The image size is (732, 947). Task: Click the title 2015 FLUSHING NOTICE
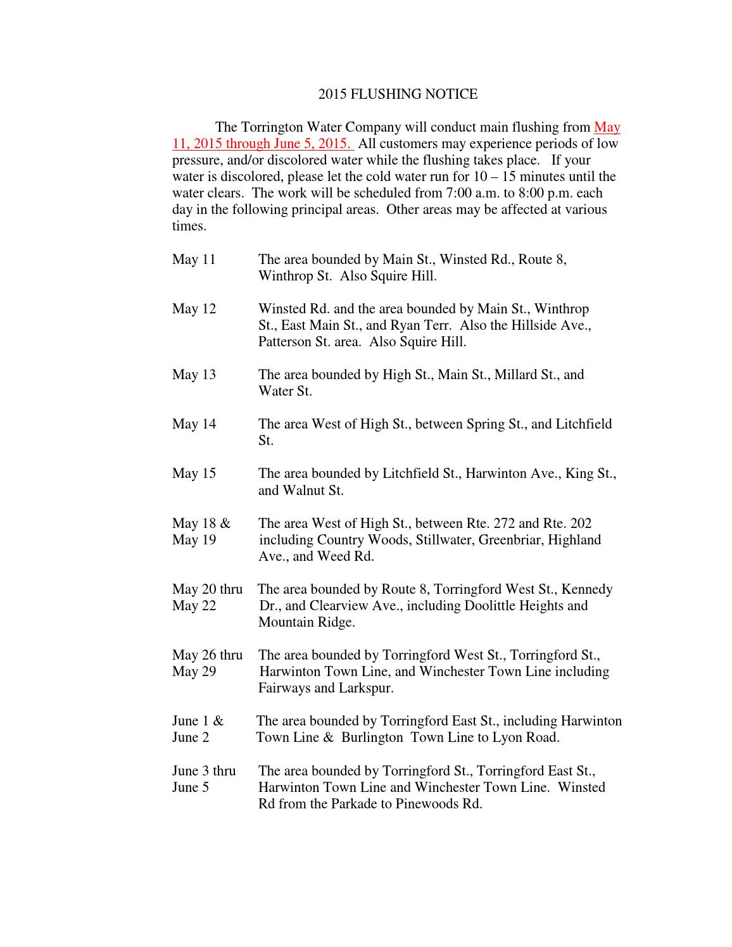pos(398,94)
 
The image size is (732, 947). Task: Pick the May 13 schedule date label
pos(194,375)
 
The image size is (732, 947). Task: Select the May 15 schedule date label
pos(194,473)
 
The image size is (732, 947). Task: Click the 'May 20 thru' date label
pos(207,589)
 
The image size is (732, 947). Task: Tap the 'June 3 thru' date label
pos(204,771)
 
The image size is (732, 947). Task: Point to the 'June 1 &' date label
pos(198,721)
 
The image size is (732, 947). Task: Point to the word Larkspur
pos(365,688)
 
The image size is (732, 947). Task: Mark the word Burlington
pos(372,737)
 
